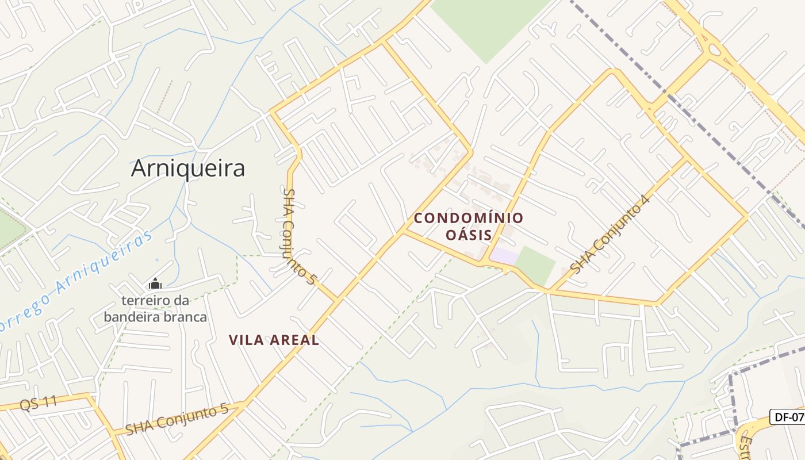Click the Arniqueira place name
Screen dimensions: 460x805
pos(188,168)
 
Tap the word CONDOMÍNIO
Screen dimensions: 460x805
pos(469,218)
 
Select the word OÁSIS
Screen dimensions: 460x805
pos(469,235)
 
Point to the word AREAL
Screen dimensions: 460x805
pos(296,340)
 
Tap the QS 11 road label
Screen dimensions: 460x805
pos(39,402)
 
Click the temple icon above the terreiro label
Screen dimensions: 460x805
pos(155,283)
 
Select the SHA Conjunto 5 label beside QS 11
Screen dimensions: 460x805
pos(177,420)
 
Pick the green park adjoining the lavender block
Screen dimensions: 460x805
pos(535,265)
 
